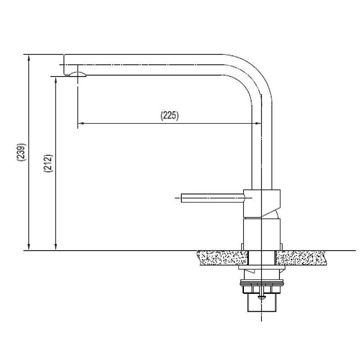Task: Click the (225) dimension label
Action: pyautogui.click(x=170, y=116)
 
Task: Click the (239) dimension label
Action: pyautogui.click(x=21, y=152)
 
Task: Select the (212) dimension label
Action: pyautogui.click(x=48, y=163)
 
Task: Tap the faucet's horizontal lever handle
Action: pyautogui.click(x=213, y=198)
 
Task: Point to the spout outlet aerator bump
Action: pyautogui.click(x=77, y=74)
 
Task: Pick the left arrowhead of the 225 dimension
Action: pyautogui.click(x=81, y=123)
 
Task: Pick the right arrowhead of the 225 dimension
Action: pyautogui.click(x=259, y=123)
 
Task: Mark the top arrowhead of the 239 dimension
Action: pyautogui.click(x=29, y=58)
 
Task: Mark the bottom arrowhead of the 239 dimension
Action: pyautogui.click(x=29, y=247)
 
